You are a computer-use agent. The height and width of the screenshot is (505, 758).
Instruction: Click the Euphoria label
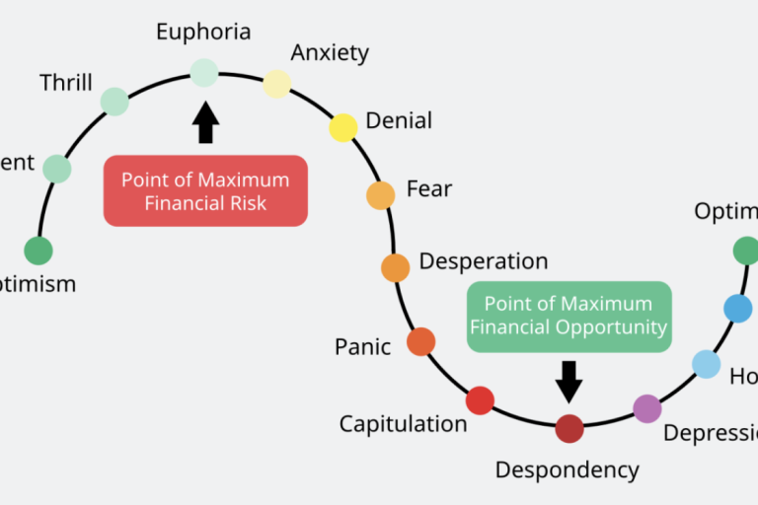click(203, 32)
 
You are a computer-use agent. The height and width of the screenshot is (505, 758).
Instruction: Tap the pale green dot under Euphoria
click(204, 72)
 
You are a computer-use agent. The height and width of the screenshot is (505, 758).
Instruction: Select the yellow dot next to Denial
click(342, 127)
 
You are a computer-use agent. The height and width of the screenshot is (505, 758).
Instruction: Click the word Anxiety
click(330, 52)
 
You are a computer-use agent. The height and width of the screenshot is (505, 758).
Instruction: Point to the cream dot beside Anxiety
click(277, 84)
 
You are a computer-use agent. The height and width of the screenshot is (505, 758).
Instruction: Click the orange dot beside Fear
click(381, 195)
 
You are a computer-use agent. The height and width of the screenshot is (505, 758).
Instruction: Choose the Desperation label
click(484, 261)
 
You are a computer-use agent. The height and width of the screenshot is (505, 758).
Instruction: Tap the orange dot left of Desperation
click(395, 267)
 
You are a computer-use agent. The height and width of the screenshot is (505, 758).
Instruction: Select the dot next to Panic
click(420, 341)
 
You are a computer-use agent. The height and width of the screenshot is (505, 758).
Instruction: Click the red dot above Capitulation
click(480, 400)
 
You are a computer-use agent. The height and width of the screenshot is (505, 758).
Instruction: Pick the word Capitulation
click(403, 424)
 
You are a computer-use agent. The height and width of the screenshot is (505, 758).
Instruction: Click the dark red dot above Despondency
click(569, 429)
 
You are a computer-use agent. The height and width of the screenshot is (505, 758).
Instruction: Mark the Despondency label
click(567, 469)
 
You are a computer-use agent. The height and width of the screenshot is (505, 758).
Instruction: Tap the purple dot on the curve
click(646, 408)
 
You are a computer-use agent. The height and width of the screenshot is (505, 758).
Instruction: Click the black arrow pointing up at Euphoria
click(205, 122)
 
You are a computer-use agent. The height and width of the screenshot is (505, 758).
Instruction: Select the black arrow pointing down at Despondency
click(568, 381)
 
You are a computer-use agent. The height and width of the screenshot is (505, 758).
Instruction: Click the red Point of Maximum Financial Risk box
click(205, 191)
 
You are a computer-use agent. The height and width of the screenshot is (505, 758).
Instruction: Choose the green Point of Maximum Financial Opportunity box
click(568, 316)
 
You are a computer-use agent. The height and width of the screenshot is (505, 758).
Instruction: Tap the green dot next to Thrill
click(114, 102)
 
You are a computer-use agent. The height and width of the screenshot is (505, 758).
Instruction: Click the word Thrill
click(65, 83)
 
